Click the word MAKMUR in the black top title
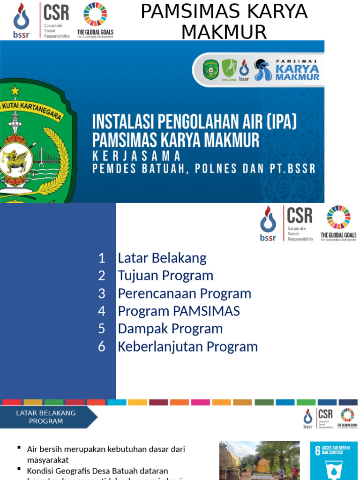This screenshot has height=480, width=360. pyautogui.click(x=224, y=32)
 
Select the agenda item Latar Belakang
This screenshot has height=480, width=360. pyautogui.click(x=162, y=258)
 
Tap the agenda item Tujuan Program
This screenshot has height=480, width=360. pyautogui.click(x=165, y=276)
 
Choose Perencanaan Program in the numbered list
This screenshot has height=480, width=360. pyautogui.click(x=184, y=293)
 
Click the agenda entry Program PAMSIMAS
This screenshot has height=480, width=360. pyautogui.click(x=179, y=311)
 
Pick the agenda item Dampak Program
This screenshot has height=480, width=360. pyautogui.click(x=170, y=329)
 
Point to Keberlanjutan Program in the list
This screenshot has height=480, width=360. pyautogui.click(x=187, y=346)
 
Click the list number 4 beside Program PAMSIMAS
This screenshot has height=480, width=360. pyautogui.click(x=102, y=311)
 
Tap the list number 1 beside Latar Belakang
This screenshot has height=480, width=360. pyautogui.click(x=102, y=258)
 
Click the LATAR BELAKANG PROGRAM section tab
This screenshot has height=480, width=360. pyautogui.click(x=46, y=417)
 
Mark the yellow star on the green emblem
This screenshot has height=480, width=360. pyautogui.click(x=15, y=90)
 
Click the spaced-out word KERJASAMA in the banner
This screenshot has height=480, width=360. pyautogui.click(x=136, y=156)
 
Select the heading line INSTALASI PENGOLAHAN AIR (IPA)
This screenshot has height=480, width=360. pyautogui.click(x=195, y=122)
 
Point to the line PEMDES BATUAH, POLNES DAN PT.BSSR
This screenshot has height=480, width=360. pyautogui.click(x=204, y=169)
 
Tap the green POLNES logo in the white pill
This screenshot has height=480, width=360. pyautogui.click(x=229, y=69)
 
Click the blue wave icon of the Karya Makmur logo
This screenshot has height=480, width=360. pyautogui.click(x=262, y=70)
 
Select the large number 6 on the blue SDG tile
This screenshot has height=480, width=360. pyautogui.click(x=317, y=451)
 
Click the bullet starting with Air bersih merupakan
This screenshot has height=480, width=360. pyautogui.click(x=106, y=454)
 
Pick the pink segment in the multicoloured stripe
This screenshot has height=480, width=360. pyautogui.click(x=200, y=402)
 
